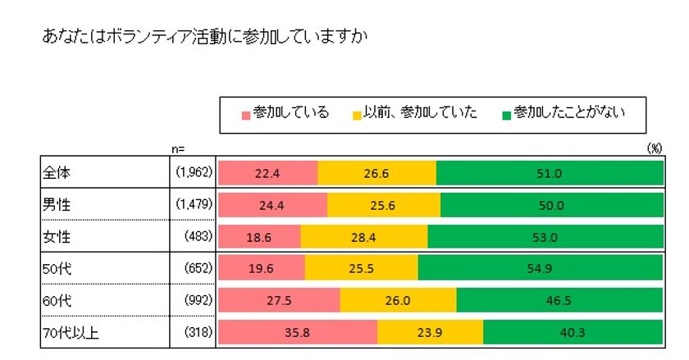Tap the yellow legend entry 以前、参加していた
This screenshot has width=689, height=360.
tap(415, 113)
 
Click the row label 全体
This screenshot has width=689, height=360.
tap(56, 173)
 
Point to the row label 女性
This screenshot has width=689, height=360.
tap(56, 236)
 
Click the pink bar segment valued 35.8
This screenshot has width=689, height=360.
tap(297, 332)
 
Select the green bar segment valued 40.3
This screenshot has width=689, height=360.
tap(573, 332)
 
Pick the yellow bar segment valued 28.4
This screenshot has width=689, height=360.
tap(364, 236)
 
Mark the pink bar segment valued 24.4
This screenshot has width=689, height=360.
tap(272, 205)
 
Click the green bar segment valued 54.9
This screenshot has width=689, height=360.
tap(540, 268)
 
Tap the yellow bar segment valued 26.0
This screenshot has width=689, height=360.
tap(398, 300)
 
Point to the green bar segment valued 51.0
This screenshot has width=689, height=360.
tap(550, 173)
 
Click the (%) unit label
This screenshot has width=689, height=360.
tap(654, 148)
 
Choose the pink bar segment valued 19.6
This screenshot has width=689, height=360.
tap(262, 268)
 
